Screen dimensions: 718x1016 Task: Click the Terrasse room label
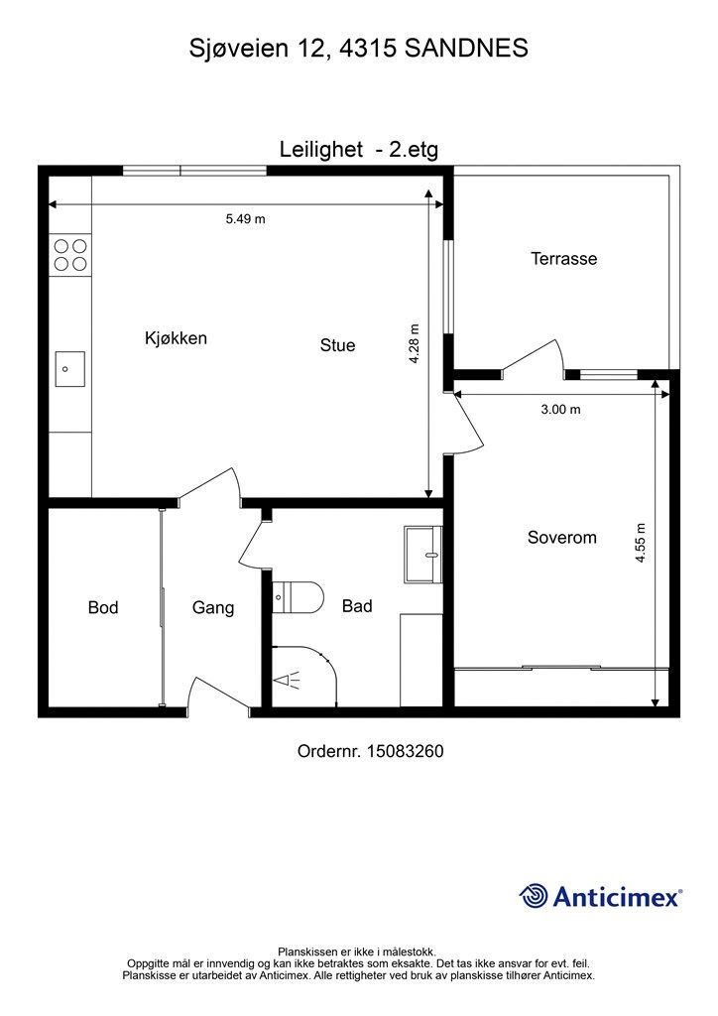564,259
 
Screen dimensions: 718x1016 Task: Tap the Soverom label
562,537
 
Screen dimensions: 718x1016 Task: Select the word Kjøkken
177,337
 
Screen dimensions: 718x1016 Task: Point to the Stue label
337,344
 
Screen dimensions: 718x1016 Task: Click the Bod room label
103,607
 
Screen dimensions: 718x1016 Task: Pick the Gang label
213,608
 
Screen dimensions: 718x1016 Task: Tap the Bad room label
357,606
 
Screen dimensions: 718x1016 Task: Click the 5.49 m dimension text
245,219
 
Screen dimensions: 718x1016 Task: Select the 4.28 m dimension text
415,343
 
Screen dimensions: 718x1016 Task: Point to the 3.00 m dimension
560,410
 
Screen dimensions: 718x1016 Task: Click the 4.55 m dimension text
641,543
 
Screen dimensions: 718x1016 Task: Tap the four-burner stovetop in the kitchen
70,255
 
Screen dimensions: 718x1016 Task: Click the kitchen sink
70,369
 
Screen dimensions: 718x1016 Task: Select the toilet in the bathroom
298,596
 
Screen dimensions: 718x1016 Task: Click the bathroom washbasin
423,554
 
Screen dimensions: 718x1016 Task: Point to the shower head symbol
287,681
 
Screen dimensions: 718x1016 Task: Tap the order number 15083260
406,751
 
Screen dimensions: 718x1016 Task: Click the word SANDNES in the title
466,48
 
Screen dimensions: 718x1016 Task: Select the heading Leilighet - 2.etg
359,150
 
